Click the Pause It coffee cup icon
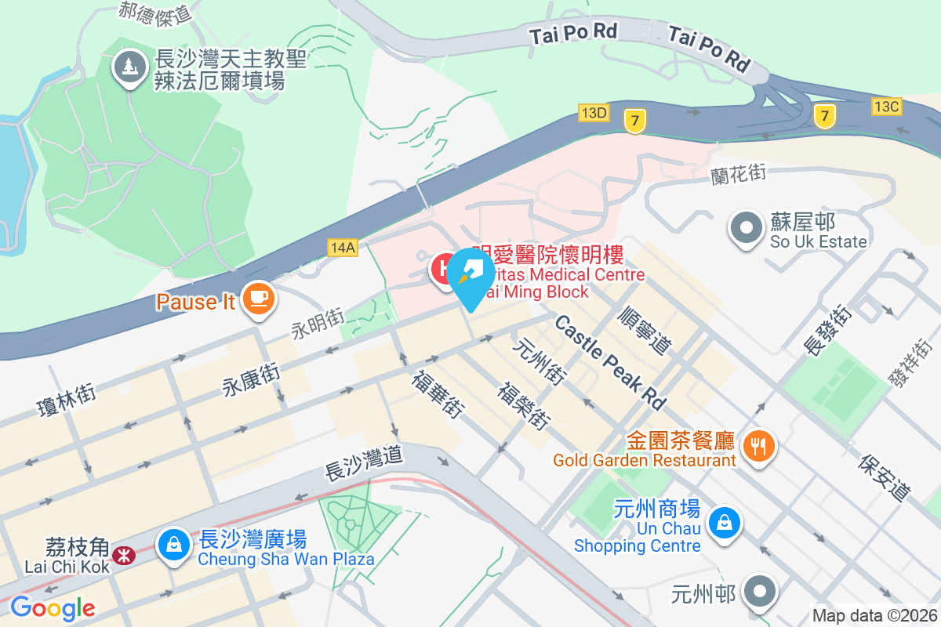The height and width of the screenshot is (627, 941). click(258, 299)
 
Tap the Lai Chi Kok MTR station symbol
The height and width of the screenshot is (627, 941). click(123, 556)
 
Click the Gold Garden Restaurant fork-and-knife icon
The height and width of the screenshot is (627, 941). click(758, 447)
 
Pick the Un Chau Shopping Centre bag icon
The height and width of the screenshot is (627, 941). click(725, 523)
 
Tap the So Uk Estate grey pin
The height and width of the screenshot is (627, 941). click(746, 228)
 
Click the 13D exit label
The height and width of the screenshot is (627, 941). click(594, 113)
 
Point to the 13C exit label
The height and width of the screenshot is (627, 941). click(887, 106)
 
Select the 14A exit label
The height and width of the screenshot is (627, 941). click(343, 248)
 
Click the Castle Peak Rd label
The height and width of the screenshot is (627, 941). click(611, 362)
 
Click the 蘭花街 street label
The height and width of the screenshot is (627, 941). click(738, 173)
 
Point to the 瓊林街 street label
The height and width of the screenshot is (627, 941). click(66, 399)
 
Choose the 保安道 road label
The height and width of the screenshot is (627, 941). click(885, 477)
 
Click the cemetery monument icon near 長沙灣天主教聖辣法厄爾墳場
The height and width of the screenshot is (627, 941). click(130, 67)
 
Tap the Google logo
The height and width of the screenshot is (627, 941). click(53, 608)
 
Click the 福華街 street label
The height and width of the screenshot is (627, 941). click(438, 393)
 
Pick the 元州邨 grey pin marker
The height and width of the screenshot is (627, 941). click(760, 593)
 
